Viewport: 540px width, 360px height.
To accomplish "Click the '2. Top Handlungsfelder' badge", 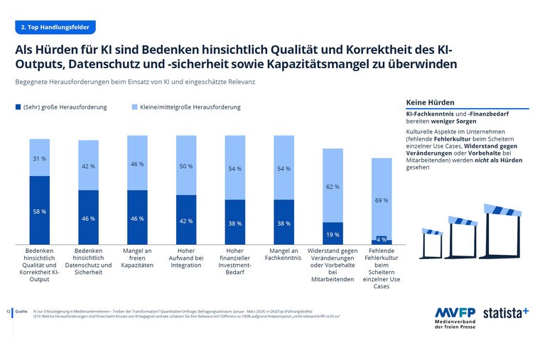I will point(55,27).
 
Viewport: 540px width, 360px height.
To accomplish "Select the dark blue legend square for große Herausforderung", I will point(18,107).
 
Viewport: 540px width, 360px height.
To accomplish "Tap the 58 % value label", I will point(39,212).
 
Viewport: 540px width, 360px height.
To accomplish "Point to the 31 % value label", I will point(39,158).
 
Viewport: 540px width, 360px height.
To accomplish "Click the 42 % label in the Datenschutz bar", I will point(88,166).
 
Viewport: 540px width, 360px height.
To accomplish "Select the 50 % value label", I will point(185,166).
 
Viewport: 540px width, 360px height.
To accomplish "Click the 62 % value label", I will point(333,187).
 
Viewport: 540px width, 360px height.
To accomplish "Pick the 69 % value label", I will point(382,200).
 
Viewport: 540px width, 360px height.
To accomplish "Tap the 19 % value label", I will point(333,234).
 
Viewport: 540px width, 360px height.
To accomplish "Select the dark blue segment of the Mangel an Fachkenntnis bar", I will point(283,222).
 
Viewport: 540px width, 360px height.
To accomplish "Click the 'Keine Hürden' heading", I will point(430,103).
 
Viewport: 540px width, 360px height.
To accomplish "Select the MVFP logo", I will point(455,317).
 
